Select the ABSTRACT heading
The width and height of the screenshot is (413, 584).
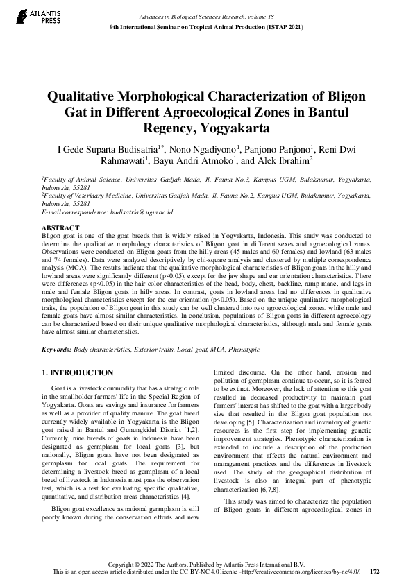pyautogui.click(x=60, y=227)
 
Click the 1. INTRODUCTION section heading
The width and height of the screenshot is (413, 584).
pyautogui.click(x=78, y=372)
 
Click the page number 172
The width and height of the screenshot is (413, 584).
pyautogui.click(x=375, y=572)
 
